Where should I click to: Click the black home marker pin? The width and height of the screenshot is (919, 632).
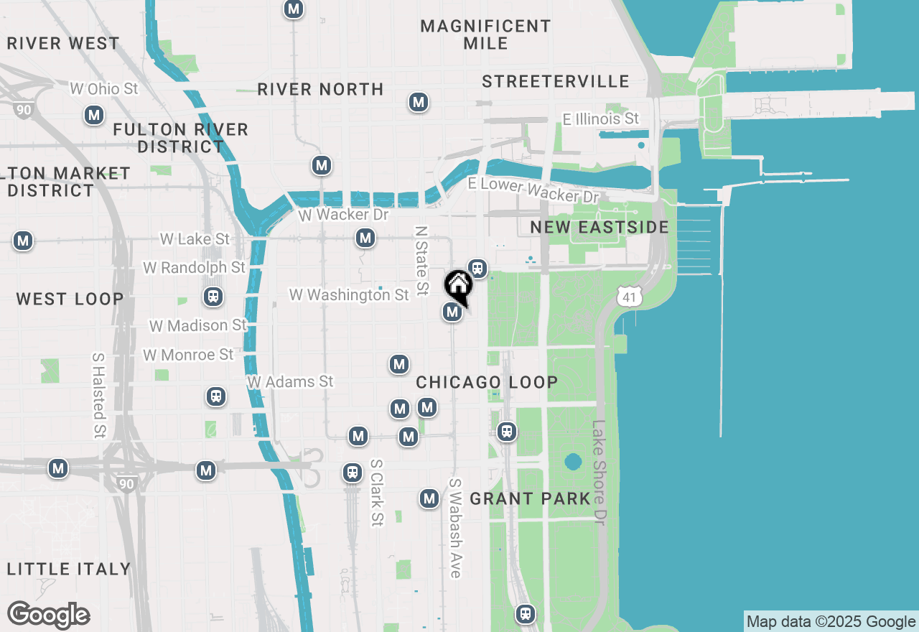point(458,285)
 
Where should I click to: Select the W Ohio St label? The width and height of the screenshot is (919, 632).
point(104,89)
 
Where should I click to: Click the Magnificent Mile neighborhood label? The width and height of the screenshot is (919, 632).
point(485,34)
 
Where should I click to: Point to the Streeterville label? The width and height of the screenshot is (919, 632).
point(556,81)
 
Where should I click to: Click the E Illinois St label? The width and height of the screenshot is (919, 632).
point(601,118)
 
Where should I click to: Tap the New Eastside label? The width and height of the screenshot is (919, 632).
point(600,228)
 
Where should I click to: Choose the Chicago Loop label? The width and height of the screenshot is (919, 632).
point(488,382)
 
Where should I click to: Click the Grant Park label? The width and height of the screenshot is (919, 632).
point(531,498)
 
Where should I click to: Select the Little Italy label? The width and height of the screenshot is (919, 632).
point(69,569)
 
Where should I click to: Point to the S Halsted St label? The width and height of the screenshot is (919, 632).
point(99,395)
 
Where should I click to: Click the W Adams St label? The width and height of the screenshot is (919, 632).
point(291,381)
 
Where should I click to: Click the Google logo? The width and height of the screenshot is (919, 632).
point(49,615)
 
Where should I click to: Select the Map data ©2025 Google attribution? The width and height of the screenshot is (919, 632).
point(831,622)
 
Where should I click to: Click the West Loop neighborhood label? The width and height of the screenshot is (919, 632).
point(70,299)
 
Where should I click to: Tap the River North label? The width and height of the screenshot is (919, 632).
point(320,89)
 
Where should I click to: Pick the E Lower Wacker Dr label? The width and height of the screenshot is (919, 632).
point(533,190)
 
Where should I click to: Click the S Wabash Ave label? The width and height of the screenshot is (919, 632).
point(454,528)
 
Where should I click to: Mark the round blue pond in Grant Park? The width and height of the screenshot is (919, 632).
point(573,461)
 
